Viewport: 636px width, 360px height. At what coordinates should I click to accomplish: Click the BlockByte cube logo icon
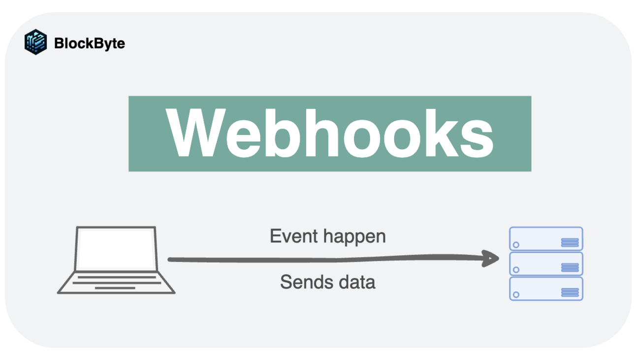click(35, 42)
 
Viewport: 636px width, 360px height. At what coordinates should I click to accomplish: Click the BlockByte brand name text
click(89, 43)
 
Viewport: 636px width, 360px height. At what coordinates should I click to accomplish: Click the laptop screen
click(115, 249)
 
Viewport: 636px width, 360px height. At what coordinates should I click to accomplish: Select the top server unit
click(546, 238)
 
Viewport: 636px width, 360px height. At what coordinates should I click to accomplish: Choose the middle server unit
click(546, 263)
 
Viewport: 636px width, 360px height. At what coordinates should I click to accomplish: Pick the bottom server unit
click(546, 289)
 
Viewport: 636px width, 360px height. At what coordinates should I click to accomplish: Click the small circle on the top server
click(516, 245)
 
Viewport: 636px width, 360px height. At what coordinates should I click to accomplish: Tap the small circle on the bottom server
click(516, 295)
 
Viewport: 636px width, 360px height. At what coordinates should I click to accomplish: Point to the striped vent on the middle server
click(570, 267)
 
